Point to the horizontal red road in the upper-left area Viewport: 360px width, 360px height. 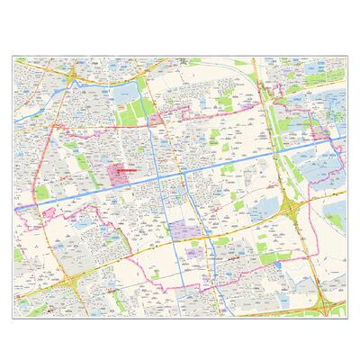tap(99, 129)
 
